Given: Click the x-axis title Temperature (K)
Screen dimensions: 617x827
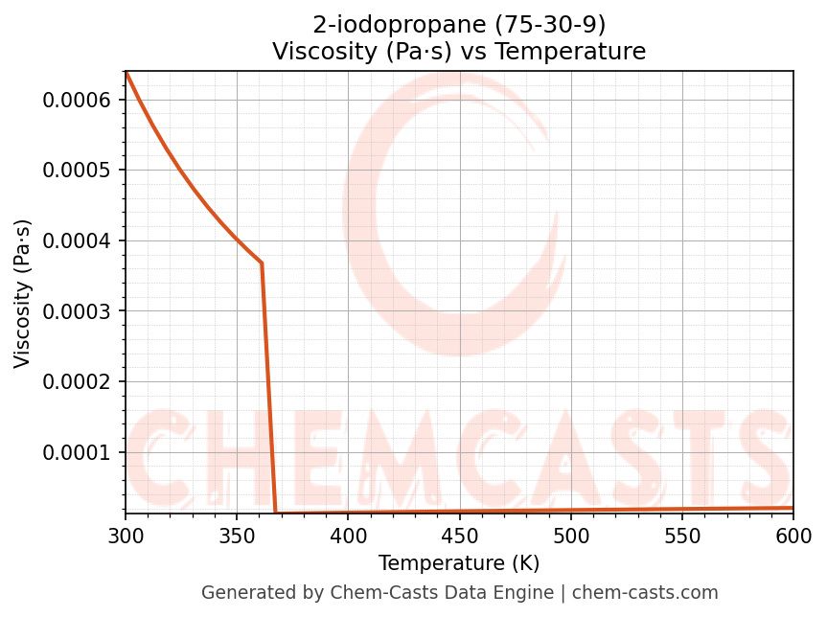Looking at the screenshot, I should [459, 563].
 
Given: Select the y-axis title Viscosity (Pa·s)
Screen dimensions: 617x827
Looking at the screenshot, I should [23, 293].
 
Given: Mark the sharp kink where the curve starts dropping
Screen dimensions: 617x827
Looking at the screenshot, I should [262, 263].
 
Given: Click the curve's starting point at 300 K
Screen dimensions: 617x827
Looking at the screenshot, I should [126, 72].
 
